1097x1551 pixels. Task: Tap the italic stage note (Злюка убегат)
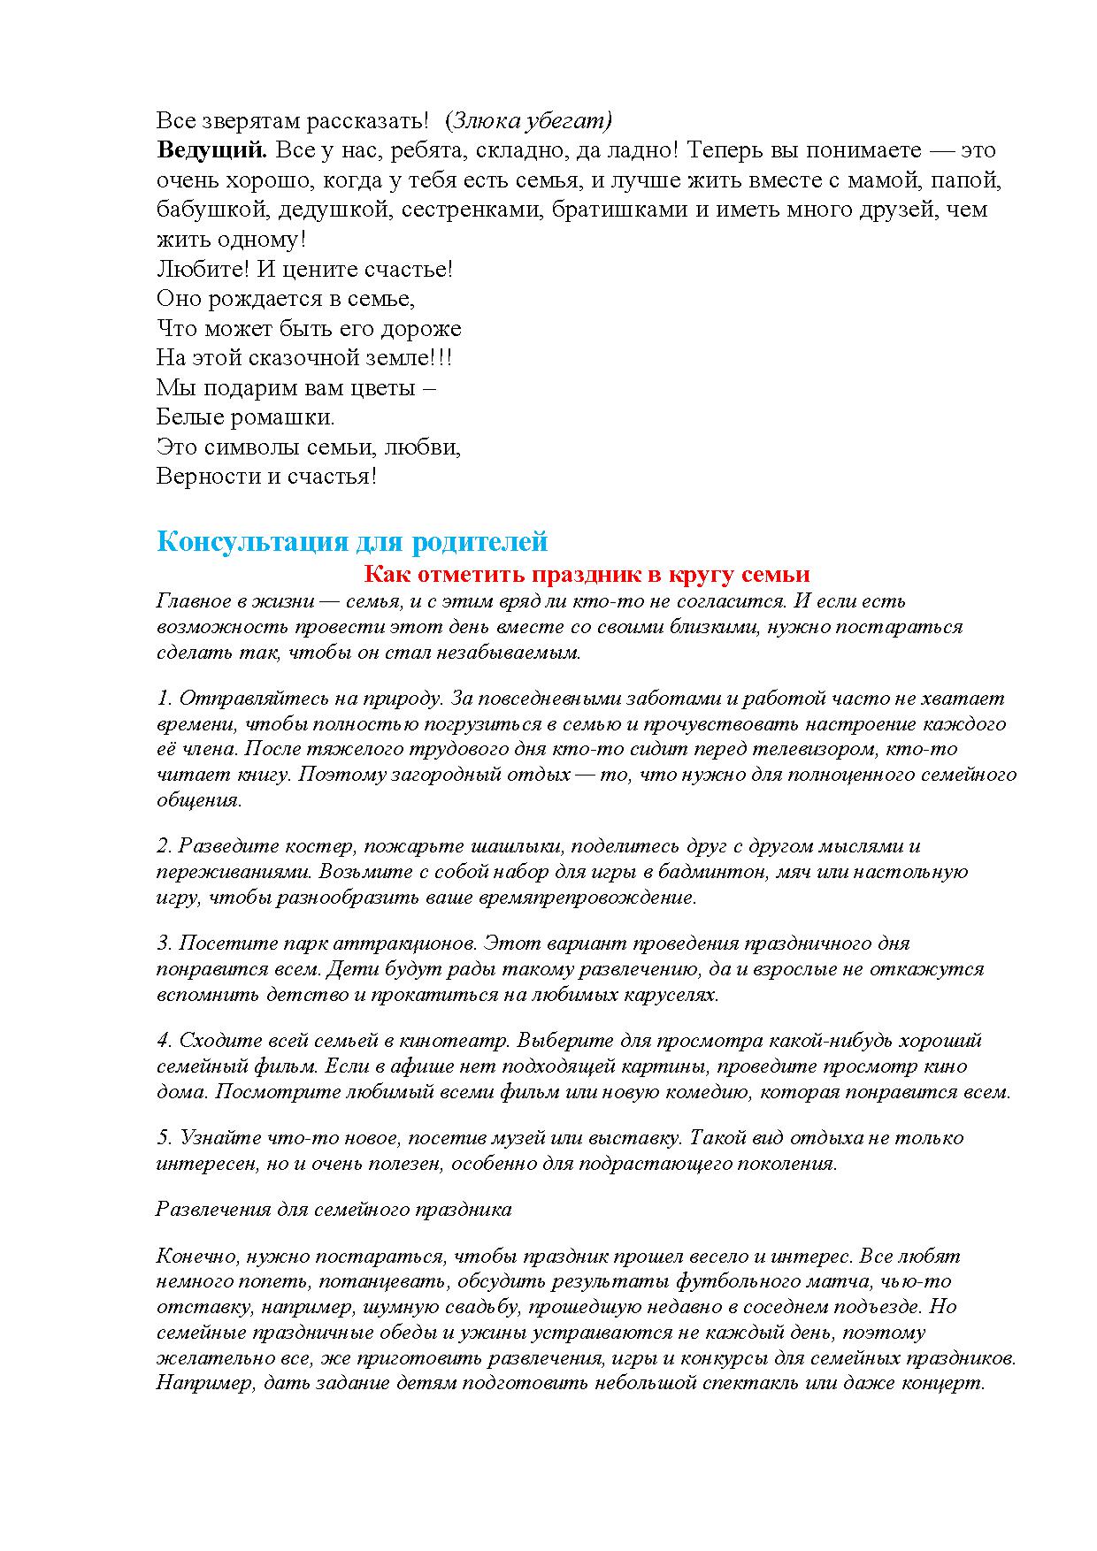pos(529,120)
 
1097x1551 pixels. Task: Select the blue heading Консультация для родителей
pos(352,541)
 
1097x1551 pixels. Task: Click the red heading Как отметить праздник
pos(587,574)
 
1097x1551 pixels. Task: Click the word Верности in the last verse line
pos(209,477)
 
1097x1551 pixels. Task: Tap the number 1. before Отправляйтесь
pos(165,699)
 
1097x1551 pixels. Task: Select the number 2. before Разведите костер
pos(165,846)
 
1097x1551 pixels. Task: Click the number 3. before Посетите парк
pos(165,944)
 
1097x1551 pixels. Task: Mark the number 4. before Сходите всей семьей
pos(165,1041)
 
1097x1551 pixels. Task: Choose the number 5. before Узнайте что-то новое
pos(165,1138)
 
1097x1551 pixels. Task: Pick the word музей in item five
pos(552,1138)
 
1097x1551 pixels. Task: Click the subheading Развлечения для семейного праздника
pos(334,1209)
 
